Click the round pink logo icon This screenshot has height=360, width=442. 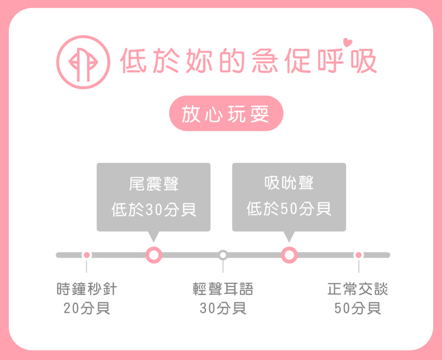[x=83, y=62]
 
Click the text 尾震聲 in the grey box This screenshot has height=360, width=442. [x=154, y=184]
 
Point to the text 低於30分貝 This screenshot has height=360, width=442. [x=154, y=209]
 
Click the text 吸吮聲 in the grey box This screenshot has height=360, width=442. [x=289, y=184]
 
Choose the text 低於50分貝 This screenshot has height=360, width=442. [x=289, y=209]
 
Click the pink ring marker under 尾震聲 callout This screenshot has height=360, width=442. [x=154, y=255]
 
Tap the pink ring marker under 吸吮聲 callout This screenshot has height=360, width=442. [x=289, y=255]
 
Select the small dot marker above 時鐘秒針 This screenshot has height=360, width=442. [x=87, y=255]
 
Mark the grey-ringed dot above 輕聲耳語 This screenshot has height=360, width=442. [x=223, y=255]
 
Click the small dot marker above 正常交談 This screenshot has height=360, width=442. [x=358, y=255]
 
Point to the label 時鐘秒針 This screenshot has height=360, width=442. [x=87, y=289]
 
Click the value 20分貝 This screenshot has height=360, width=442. [x=87, y=308]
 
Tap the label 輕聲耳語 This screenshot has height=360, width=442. [x=223, y=289]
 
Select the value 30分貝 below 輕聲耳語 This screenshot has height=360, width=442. [x=223, y=308]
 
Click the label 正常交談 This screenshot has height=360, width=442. [x=358, y=289]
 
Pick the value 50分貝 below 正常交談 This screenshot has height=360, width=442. [x=358, y=308]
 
